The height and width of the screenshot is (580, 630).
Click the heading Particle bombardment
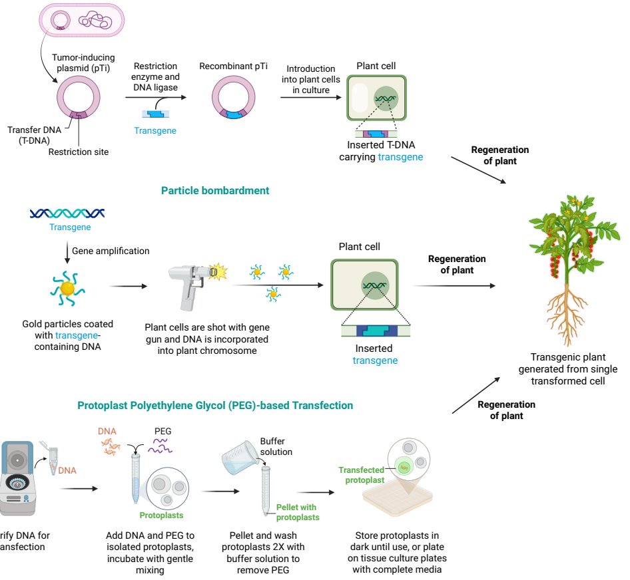215,190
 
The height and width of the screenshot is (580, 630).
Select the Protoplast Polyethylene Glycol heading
215,405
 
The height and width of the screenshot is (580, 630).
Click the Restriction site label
79,152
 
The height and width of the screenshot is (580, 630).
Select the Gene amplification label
111,251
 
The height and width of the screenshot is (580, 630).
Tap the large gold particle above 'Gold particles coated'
67,288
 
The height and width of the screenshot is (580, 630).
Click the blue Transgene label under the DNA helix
70,227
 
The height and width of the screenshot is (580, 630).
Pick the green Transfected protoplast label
362,475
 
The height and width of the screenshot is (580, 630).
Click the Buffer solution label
276,446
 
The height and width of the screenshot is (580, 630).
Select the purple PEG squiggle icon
161,448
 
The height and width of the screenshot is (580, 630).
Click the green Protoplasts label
161,515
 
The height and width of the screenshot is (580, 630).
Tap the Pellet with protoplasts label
298,512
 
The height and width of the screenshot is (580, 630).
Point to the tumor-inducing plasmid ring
79,99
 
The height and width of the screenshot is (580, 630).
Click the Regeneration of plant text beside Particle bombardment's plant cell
457,265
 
